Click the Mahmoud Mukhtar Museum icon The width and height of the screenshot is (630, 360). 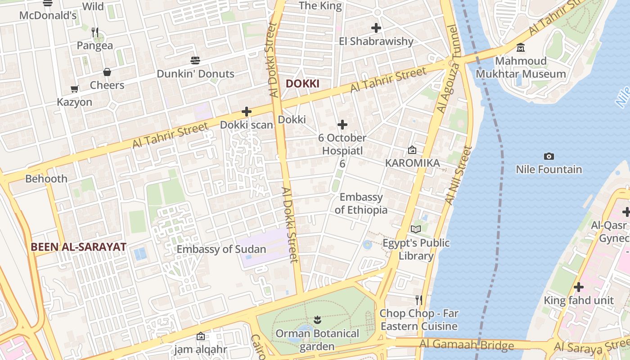pos(521,48)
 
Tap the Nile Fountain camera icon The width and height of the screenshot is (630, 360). pos(549,157)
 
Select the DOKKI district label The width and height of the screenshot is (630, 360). pos(302,84)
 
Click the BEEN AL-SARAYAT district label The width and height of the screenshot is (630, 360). pos(78,247)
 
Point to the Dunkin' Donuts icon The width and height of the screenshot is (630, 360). pos(195,60)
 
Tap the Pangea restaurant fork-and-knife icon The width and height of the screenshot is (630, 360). pos(94,32)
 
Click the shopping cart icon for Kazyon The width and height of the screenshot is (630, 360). pos(75,89)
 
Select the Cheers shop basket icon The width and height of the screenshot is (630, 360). pos(107,72)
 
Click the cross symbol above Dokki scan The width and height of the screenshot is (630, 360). pos(246,112)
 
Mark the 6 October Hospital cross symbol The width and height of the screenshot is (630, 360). pos(342,125)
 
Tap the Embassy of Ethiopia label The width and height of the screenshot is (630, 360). pos(361,203)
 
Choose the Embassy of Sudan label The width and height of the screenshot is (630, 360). pos(221,249)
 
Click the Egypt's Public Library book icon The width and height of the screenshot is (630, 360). pos(416,229)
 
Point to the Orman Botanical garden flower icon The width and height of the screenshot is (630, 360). pos(317,320)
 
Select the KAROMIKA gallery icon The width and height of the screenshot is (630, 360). pos(412,150)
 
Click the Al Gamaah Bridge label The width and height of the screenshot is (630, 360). pos(467,346)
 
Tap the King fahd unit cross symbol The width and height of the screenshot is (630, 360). pos(579,287)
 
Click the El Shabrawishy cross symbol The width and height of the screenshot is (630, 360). pos(376,28)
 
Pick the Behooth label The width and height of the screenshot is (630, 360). pos(46,179)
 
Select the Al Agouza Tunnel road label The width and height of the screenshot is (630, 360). pos(448,69)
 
